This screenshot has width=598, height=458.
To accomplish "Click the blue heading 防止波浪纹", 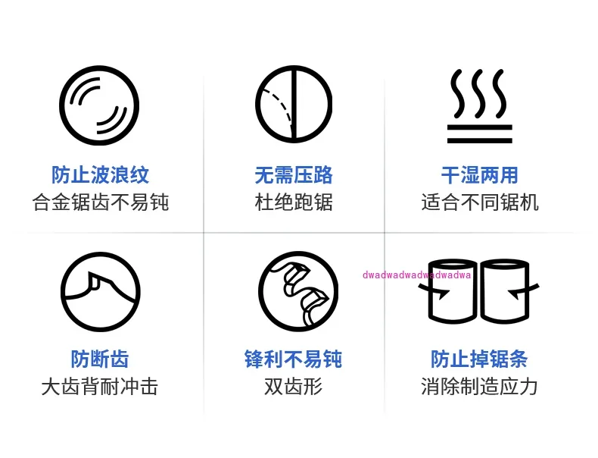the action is [x=101, y=175].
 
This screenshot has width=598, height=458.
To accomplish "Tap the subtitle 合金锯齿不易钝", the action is [x=101, y=202].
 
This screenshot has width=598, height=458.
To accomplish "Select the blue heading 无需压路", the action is [x=294, y=175].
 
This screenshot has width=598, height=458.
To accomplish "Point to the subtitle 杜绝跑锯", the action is [x=294, y=202].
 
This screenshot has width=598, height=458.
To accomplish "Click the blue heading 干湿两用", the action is [x=480, y=175].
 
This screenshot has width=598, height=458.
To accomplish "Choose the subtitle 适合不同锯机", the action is [x=480, y=202].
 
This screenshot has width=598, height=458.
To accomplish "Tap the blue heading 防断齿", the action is [x=100, y=359].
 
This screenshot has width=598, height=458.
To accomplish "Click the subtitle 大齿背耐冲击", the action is [x=100, y=386].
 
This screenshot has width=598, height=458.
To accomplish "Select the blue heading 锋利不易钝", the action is [x=294, y=359].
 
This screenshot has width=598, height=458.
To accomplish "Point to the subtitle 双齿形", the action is [x=294, y=386].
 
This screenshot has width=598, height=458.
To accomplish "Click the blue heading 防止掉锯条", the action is [x=480, y=359].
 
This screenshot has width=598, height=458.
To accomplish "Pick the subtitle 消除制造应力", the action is [x=480, y=386].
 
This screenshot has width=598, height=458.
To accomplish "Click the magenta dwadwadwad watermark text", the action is [x=417, y=275].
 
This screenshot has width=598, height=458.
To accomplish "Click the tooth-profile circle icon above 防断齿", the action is [x=100, y=291].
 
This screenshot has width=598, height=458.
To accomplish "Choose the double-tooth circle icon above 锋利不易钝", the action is [x=297, y=291].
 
